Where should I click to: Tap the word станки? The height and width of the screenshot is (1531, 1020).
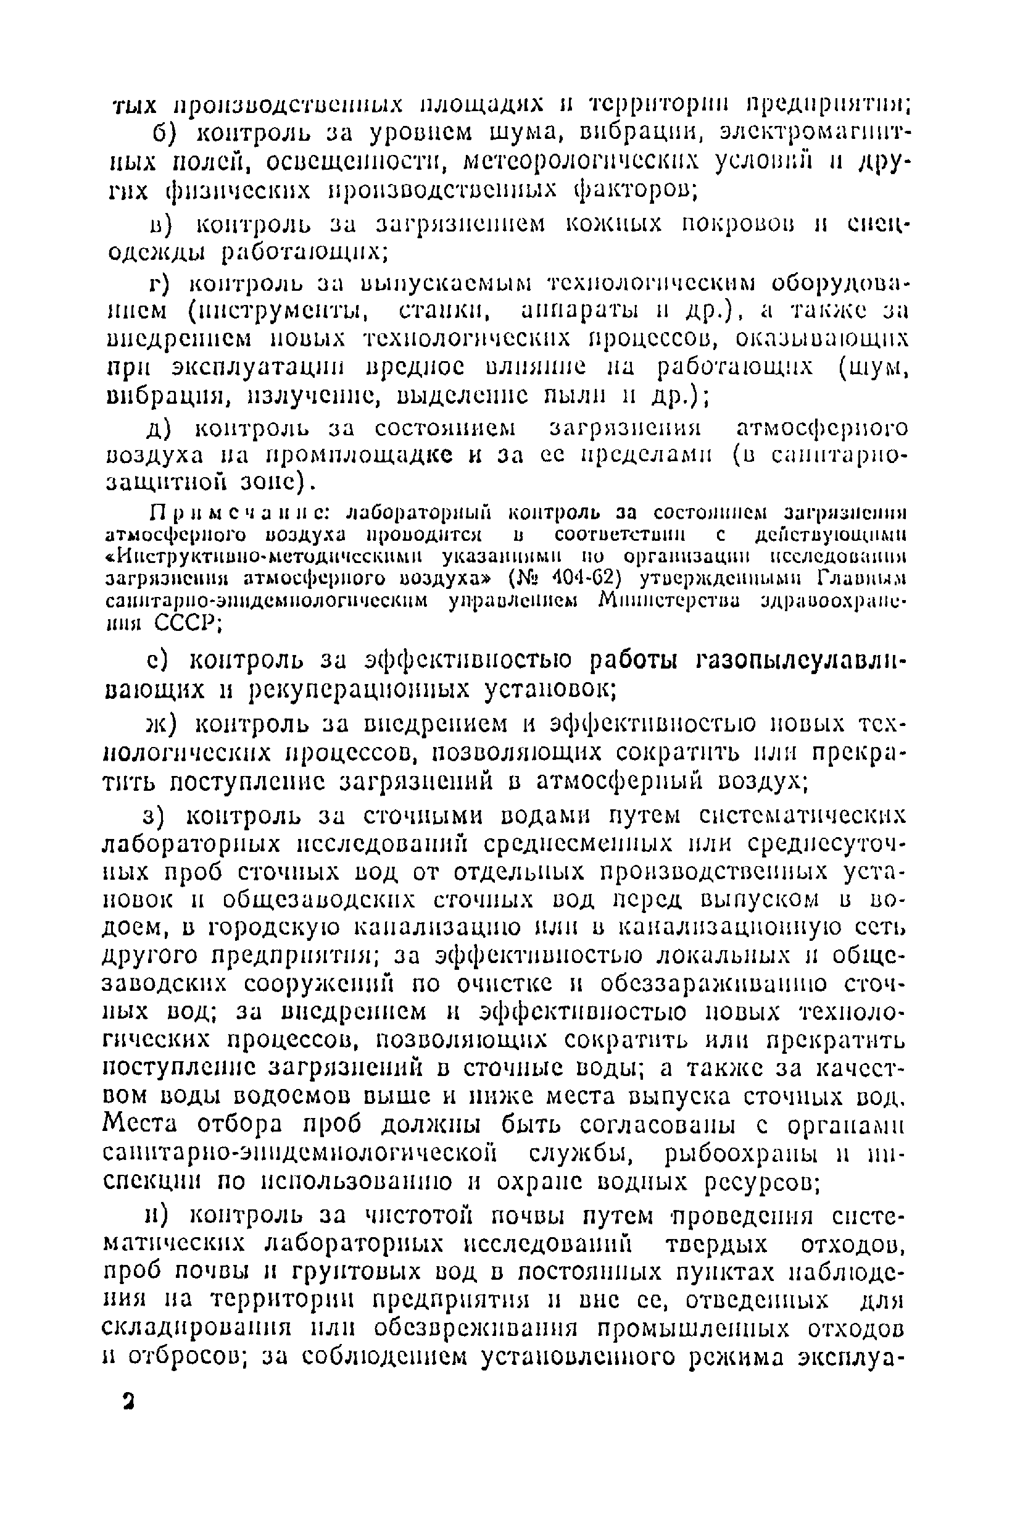pyautogui.click(x=444, y=312)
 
